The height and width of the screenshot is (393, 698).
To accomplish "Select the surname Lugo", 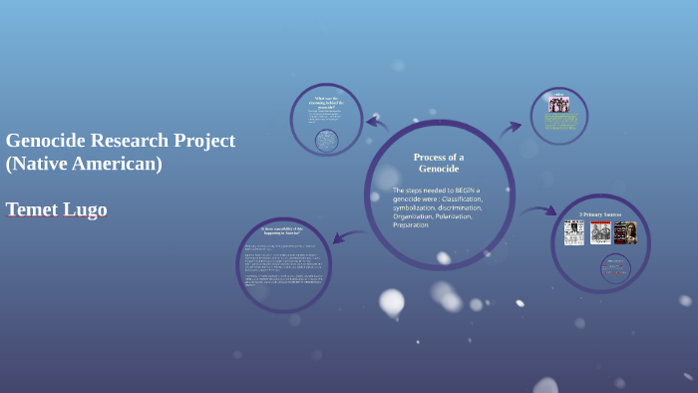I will pyautogui.click(x=87, y=209).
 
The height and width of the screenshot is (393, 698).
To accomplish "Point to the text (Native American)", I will pyautogui.click(x=84, y=164).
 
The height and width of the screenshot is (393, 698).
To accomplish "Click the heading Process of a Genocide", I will pyautogui.click(x=439, y=163).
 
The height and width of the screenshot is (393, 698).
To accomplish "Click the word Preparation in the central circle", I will pyautogui.click(x=411, y=224).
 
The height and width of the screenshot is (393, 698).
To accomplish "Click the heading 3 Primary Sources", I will pyautogui.click(x=600, y=213).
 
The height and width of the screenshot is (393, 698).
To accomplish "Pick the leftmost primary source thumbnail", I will pyautogui.click(x=573, y=232).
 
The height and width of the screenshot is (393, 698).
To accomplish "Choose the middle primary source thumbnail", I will pyautogui.click(x=599, y=232).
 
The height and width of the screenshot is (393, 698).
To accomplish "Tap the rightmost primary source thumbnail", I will pyautogui.click(x=625, y=232).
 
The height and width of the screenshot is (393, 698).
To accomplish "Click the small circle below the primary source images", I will pyautogui.click(x=615, y=267).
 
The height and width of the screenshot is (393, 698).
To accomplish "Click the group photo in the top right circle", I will pyautogui.click(x=559, y=104).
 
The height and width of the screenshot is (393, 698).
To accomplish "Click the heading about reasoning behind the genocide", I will pyautogui.click(x=327, y=103).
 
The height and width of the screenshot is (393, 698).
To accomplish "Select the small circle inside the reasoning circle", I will pyautogui.click(x=326, y=140).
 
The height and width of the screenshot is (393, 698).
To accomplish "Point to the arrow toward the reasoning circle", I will pyautogui.click(x=376, y=123).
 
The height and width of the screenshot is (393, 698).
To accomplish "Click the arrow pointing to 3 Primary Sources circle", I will pyautogui.click(x=538, y=211).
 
